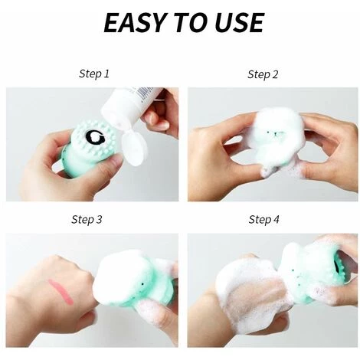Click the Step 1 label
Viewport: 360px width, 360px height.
(x=94, y=74)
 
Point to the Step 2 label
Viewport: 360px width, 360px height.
(x=263, y=74)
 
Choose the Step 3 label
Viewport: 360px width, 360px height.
(x=87, y=220)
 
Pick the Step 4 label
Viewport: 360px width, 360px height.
(x=264, y=220)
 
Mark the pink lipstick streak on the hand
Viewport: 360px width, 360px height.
(x=61, y=292)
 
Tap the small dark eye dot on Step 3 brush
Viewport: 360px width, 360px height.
(x=142, y=283)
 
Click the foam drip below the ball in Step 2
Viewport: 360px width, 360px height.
(x=268, y=170)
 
